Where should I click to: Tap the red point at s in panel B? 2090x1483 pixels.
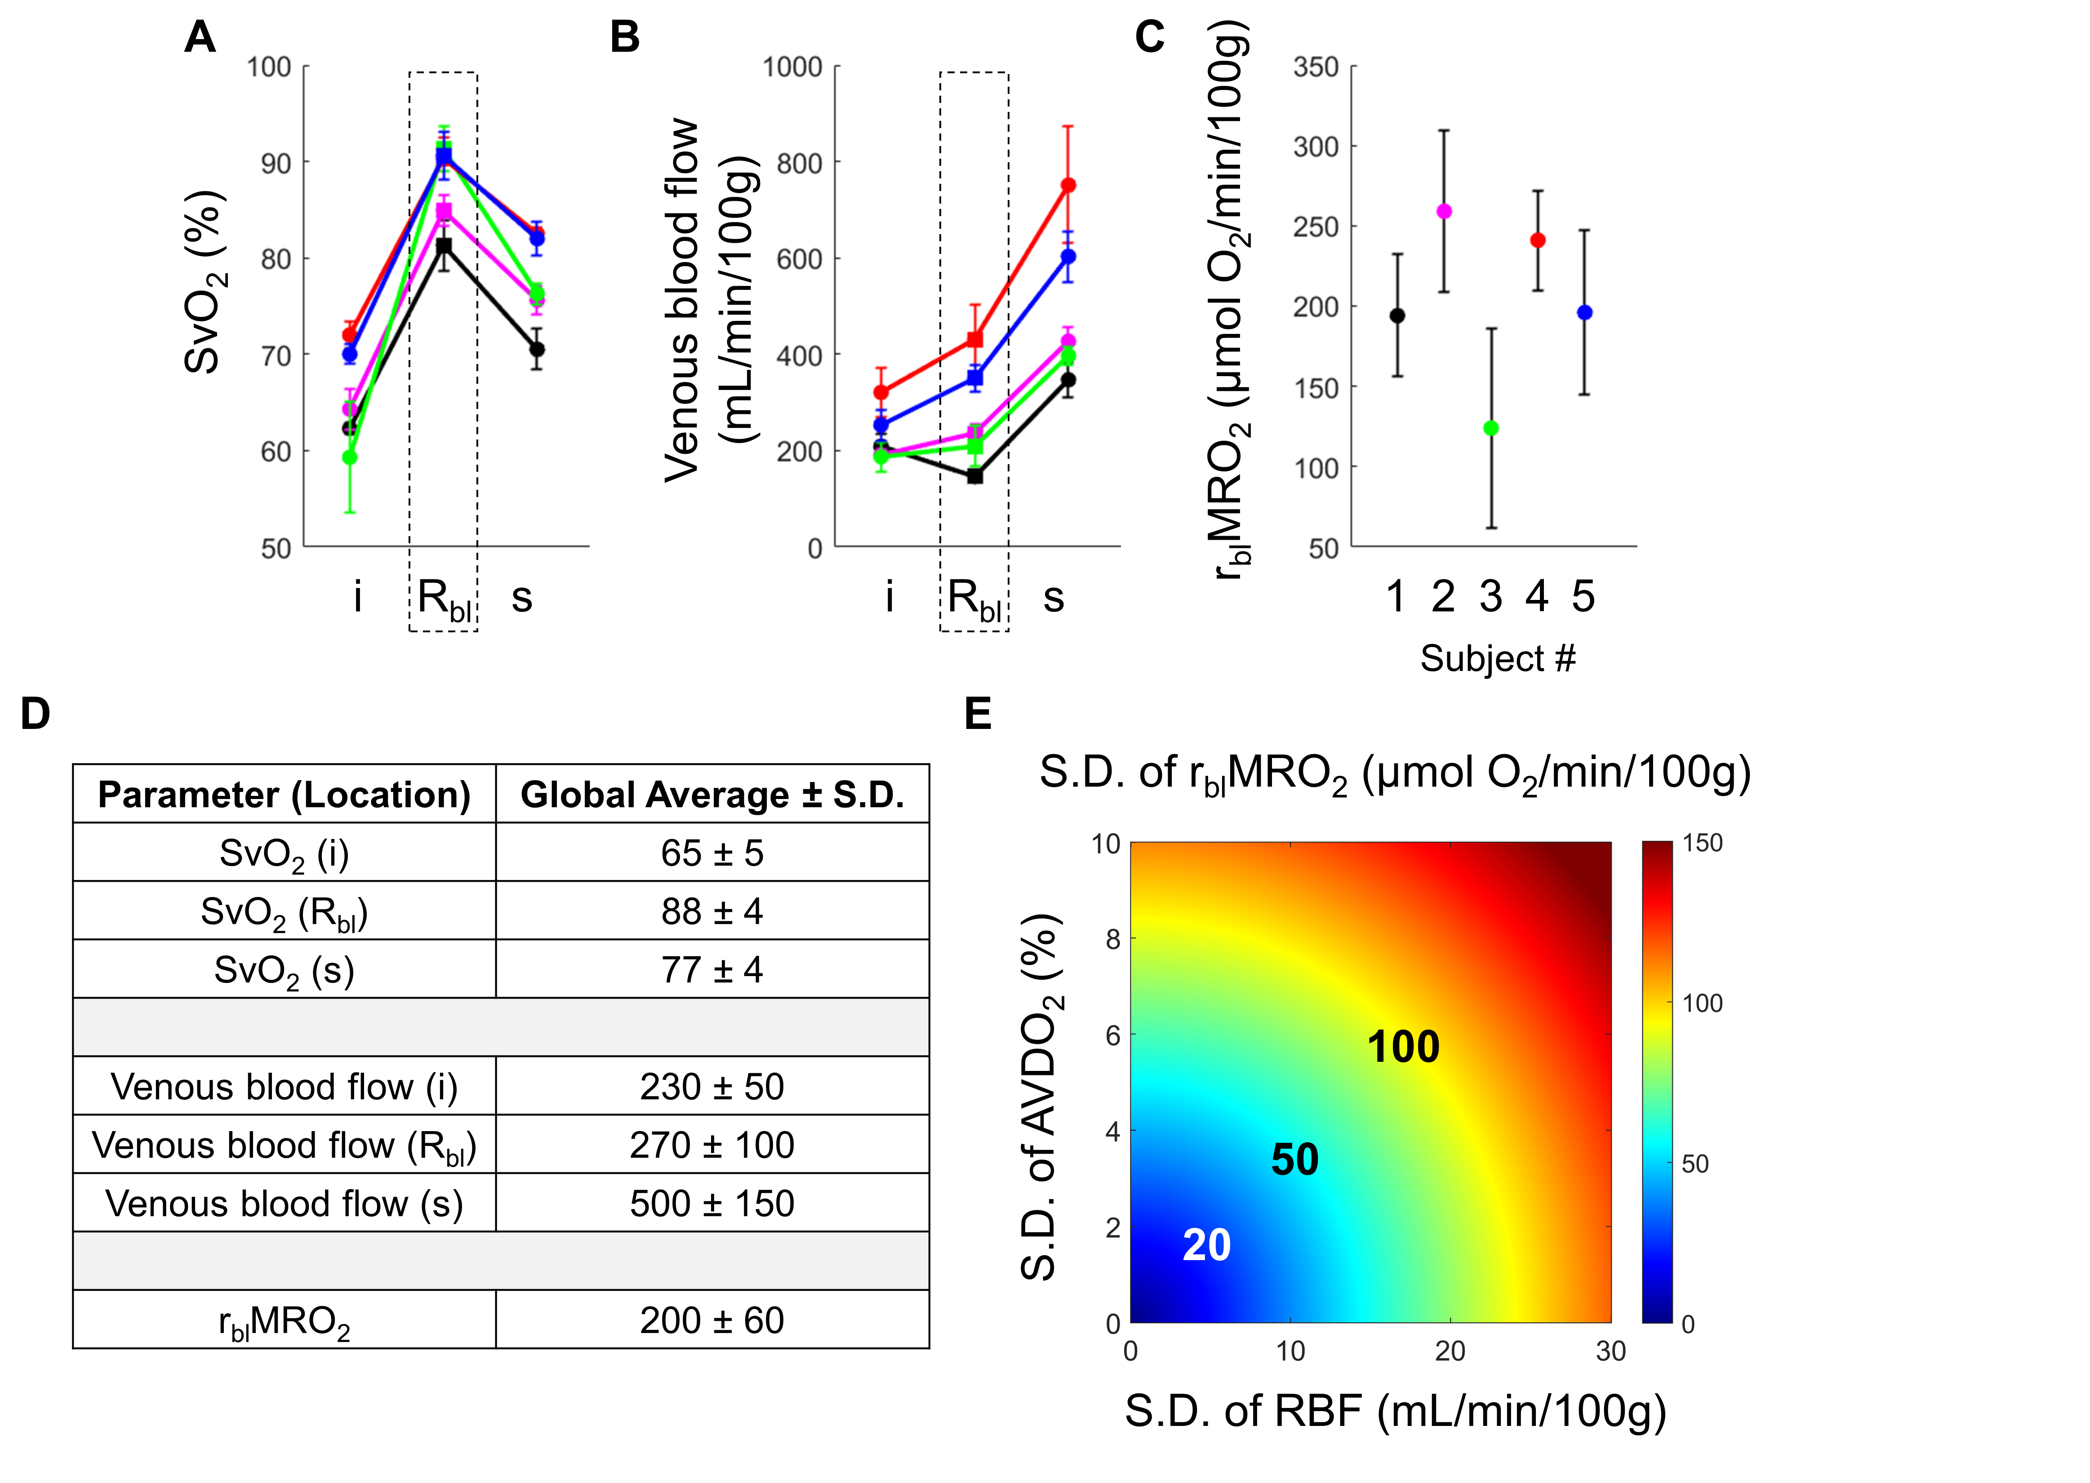pos(1067,185)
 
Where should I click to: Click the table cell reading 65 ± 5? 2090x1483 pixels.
pos(712,853)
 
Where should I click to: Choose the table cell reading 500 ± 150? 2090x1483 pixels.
pos(712,1203)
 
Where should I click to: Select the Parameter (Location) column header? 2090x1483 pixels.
pos(284,795)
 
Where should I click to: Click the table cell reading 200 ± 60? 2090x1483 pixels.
pos(712,1320)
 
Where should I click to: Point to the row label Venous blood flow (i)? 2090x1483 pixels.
pos(284,1087)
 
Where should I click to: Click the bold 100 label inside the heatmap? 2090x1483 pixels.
pos(1403,1047)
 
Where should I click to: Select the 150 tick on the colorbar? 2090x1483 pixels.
pos(1702,843)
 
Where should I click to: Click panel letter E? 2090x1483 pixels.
pos(978,713)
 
